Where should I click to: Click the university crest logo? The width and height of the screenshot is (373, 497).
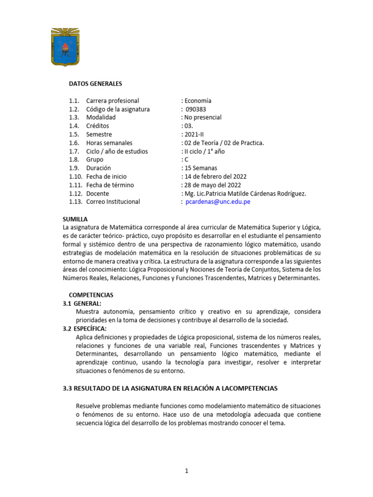click(68, 47)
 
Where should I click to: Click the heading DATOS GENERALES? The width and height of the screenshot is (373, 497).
click(95, 84)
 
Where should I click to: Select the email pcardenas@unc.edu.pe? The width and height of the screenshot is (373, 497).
click(218, 202)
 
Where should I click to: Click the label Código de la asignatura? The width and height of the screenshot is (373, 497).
click(118, 109)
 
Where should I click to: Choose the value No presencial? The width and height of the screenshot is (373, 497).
click(203, 117)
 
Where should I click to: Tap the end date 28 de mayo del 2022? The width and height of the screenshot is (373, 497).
click(212, 185)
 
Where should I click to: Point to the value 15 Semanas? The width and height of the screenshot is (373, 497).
click(200, 168)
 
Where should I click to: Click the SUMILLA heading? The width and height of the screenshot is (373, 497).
click(75, 219)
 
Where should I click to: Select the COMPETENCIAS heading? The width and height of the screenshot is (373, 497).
click(91, 295)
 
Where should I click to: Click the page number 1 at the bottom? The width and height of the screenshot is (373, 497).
click(186, 470)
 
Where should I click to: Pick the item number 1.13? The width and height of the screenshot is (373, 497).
click(76, 202)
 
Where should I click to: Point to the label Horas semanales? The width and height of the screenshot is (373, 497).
click(109, 143)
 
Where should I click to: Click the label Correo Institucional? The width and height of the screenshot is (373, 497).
click(113, 202)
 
